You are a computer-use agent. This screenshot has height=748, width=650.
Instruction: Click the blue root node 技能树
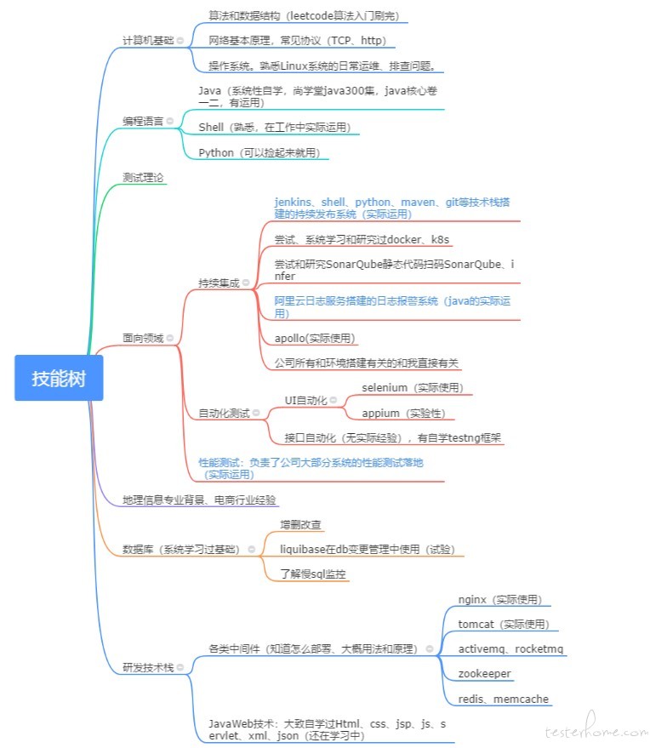pos(59,378)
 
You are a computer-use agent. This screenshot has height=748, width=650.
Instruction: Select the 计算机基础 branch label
pos(148,41)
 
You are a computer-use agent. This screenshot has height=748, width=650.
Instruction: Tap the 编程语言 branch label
pos(143,121)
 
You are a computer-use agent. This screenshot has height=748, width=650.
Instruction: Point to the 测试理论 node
pos(143,178)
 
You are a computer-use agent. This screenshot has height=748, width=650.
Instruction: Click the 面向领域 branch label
pos(143,338)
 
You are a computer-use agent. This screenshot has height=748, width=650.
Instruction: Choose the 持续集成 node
pos(219,283)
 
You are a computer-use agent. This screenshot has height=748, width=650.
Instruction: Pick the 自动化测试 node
pos(224,413)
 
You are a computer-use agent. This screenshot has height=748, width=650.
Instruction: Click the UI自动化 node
pos(305,400)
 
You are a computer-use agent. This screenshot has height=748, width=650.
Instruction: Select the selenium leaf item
pos(413,388)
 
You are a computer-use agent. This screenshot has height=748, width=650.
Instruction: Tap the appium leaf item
pos(403,413)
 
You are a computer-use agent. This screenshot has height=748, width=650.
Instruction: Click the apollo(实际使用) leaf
pos(315,338)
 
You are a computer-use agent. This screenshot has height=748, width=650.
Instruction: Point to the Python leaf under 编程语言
pos(259,152)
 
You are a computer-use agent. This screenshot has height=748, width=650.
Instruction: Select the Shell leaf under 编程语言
pos(275,128)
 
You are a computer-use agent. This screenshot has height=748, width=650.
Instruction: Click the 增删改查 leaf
pos(300,525)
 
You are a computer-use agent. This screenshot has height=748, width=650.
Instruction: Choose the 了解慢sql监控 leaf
pos(313,574)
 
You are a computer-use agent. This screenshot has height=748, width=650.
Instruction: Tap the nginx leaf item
pos(499,600)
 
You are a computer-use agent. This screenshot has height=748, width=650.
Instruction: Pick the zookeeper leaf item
pos(484,674)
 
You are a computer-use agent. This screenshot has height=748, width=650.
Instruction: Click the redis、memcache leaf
pos(503,699)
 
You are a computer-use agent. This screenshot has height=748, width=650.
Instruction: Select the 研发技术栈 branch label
pos(148,668)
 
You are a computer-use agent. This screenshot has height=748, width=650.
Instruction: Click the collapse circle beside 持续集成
pos(246,283)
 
